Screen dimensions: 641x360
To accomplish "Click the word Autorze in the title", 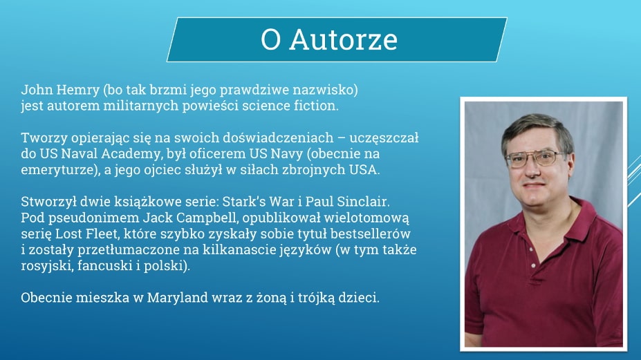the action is (344, 39).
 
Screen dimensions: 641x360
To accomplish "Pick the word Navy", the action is (286, 153).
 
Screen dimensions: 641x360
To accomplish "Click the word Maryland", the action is (178, 298).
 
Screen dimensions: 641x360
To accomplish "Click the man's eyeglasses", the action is (535, 158).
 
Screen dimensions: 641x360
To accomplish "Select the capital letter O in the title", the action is (270, 39).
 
